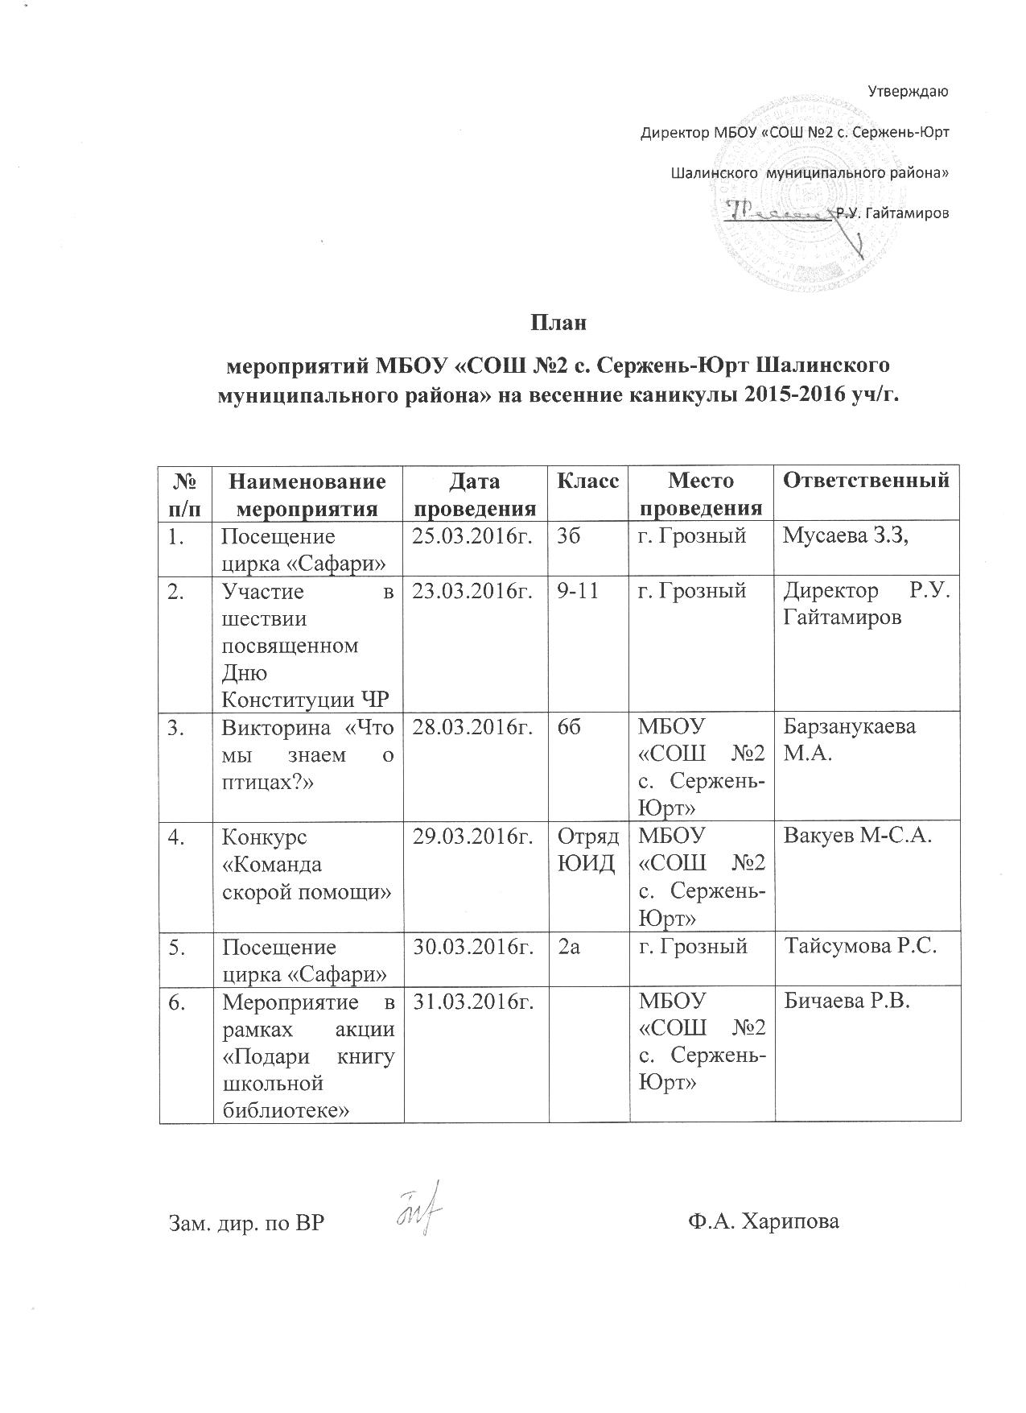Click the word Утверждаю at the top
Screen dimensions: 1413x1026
(x=910, y=91)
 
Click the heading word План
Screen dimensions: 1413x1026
(x=557, y=324)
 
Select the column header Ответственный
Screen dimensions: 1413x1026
(x=866, y=481)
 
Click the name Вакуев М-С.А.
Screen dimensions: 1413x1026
(x=857, y=837)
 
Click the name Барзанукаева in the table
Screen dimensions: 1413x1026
(x=849, y=728)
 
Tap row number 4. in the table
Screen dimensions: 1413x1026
(x=177, y=837)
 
